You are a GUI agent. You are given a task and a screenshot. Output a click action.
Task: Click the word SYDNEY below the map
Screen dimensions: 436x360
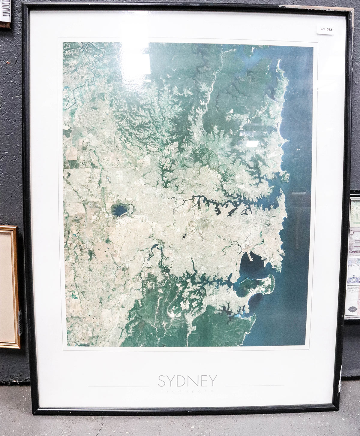[187, 381]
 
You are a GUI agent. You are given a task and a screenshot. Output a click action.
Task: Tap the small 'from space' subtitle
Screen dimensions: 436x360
[187, 391]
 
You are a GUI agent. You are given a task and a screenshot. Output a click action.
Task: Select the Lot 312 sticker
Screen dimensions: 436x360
[326, 29]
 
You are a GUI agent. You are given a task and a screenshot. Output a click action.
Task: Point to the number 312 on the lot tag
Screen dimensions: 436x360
[329, 29]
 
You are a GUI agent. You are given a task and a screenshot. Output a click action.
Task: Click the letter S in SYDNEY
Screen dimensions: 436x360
[162, 381]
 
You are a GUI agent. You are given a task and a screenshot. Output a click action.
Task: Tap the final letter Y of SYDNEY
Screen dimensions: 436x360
[212, 381]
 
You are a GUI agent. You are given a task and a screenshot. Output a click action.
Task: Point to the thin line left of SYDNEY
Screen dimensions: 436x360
[118, 386]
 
